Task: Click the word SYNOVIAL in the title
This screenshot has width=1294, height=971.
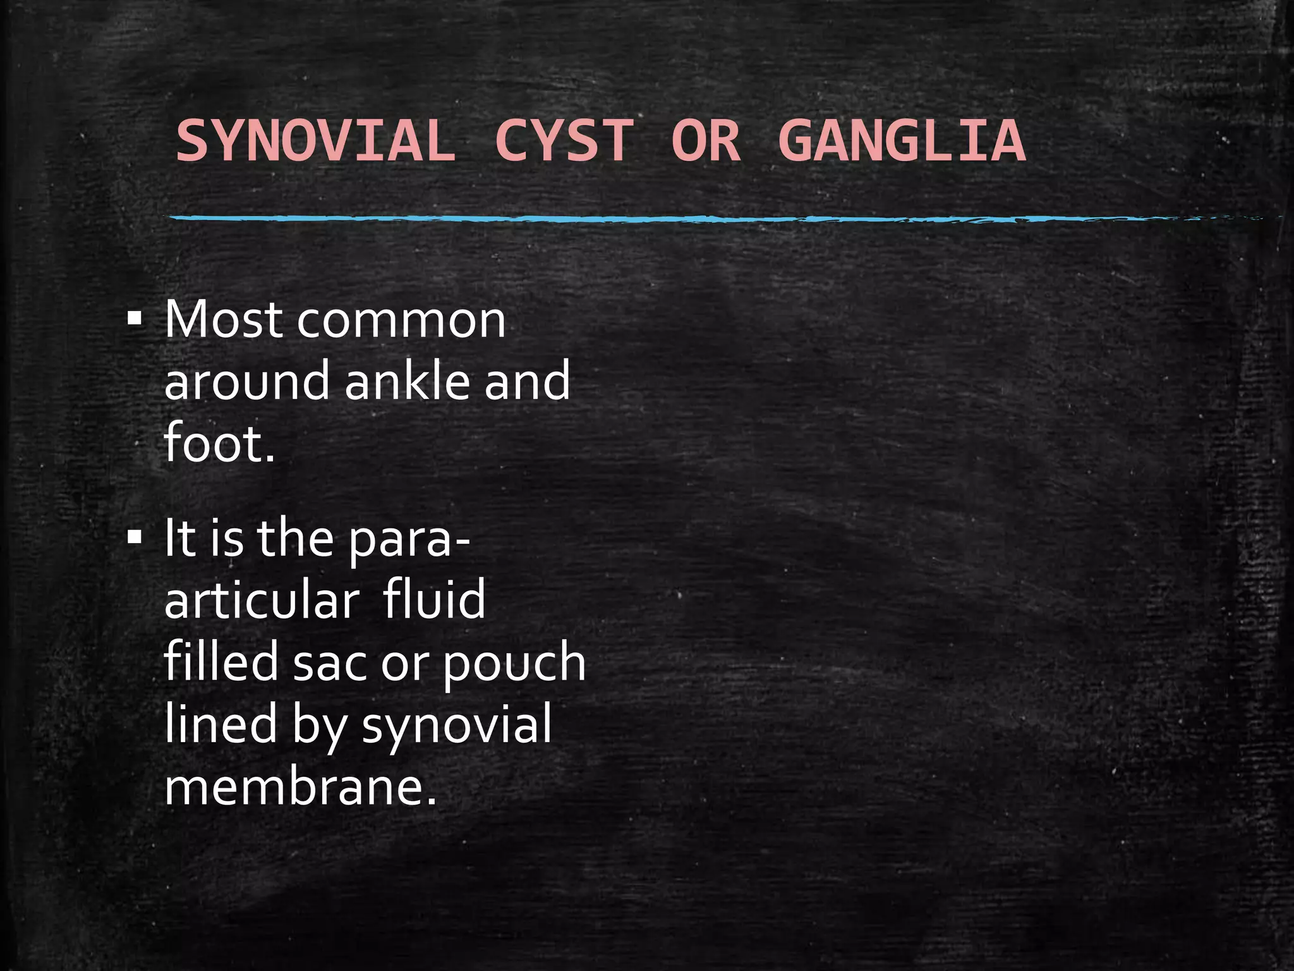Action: coord(315,140)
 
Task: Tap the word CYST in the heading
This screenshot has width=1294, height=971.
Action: coord(564,140)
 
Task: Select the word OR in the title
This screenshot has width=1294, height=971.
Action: coord(705,140)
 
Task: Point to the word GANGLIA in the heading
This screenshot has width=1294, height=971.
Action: coord(902,140)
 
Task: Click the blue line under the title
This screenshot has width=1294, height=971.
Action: coord(632,219)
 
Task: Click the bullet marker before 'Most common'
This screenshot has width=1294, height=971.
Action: coord(135,319)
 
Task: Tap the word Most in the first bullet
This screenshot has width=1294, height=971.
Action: coord(223,320)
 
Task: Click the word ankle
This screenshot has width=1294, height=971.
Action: coord(408,381)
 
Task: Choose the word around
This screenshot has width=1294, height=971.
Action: coord(246,381)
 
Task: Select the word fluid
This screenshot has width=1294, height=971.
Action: coord(434,600)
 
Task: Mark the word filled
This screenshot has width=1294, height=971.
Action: coord(221,662)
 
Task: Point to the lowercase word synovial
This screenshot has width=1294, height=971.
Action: coord(457,725)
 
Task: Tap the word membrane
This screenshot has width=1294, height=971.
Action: coord(300,787)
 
